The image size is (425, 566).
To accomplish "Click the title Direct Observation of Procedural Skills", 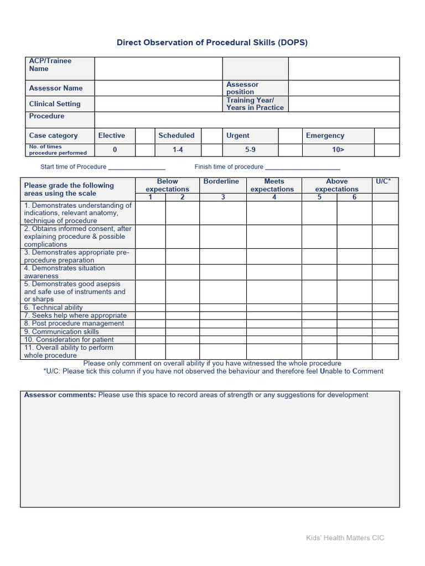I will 212,43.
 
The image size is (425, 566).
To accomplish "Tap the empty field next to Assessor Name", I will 158,88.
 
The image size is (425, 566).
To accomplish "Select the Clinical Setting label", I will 55,104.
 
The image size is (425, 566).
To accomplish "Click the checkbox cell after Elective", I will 145,136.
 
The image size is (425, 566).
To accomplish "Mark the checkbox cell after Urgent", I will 289,136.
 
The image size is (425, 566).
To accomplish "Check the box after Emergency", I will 387,136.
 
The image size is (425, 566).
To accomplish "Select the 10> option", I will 337,150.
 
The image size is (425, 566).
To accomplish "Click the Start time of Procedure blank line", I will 137,167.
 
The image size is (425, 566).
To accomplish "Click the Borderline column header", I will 221,181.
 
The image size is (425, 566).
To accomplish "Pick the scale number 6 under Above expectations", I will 354,197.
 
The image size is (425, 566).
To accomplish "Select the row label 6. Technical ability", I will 53,308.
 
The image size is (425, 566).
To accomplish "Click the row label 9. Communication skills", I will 61,332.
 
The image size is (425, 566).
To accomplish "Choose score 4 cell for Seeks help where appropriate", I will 274,316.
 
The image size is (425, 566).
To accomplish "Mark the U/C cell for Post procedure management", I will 385,323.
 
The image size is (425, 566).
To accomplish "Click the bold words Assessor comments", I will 60,395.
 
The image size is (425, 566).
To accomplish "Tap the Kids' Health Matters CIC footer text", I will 345,538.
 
